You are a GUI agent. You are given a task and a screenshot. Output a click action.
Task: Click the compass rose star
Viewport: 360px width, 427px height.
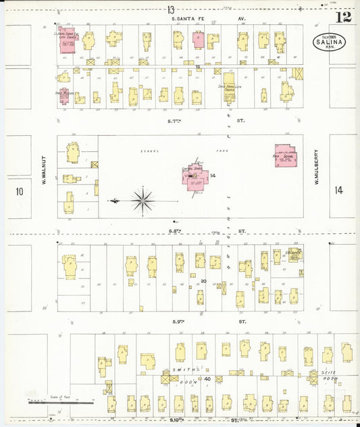pyautogui.click(x=143, y=200)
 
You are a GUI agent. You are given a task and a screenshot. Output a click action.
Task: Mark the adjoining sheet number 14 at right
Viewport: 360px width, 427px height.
pyautogui.click(x=338, y=191)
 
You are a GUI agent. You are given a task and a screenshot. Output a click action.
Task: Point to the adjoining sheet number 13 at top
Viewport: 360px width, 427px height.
pyautogui.click(x=171, y=9)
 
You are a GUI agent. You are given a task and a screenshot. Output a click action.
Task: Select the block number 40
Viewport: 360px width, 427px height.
pyautogui.click(x=208, y=379)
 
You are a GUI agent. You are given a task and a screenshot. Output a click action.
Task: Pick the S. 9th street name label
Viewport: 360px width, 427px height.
pyautogui.click(x=178, y=322)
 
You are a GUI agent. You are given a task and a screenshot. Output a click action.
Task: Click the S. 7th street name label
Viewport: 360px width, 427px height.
pyautogui.click(x=178, y=121)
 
